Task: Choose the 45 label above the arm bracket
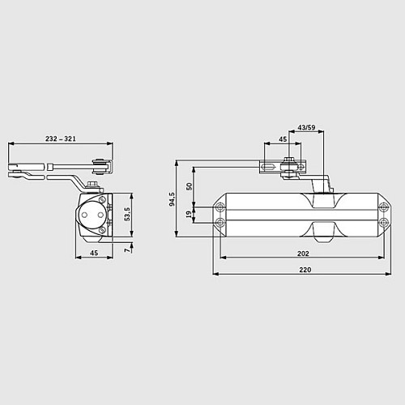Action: click(x=283, y=139)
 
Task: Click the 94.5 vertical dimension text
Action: click(x=171, y=198)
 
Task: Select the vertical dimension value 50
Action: click(x=190, y=186)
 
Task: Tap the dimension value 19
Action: click(x=190, y=215)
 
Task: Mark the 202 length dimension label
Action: click(x=302, y=253)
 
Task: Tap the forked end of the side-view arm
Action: click(x=23, y=171)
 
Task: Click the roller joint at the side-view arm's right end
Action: click(x=100, y=166)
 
